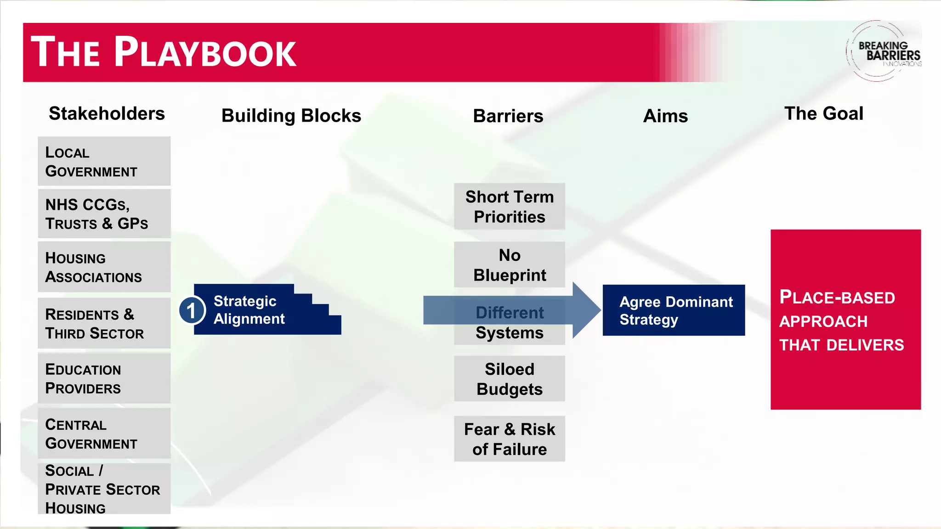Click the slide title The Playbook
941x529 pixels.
164,52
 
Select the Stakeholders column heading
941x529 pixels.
107,113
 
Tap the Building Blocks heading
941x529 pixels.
291,116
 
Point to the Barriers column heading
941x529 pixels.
508,116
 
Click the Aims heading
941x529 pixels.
665,116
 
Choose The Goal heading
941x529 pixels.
823,113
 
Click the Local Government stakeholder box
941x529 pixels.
104,161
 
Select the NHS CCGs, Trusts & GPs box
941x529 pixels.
104,214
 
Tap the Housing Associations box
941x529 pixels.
104,267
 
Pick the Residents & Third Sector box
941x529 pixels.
104,323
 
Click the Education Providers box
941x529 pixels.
104,378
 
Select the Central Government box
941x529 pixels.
104,433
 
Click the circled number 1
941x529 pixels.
192,310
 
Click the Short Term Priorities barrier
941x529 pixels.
509,207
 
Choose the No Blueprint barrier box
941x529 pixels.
509,265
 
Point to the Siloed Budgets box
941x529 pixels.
509,379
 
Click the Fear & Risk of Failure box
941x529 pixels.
509,439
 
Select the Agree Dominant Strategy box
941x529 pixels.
674,310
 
